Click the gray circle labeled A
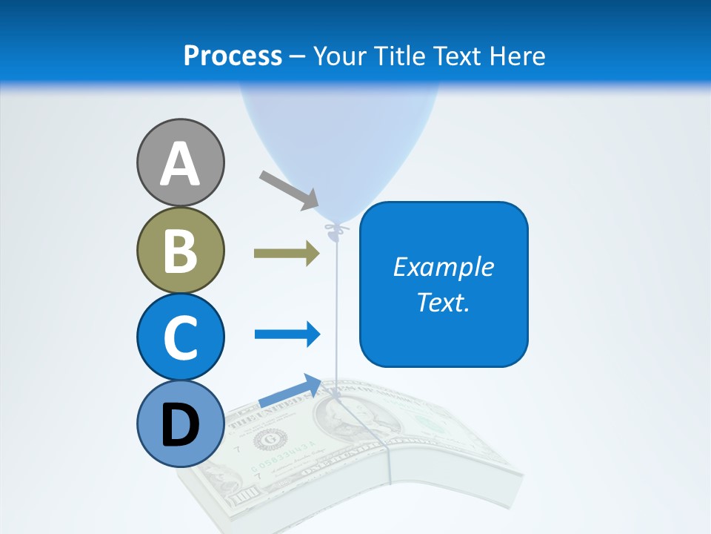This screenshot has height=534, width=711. click(x=180, y=162)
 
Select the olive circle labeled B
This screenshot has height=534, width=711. click(x=180, y=251)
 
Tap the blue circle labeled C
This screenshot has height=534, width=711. click(x=180, y=337)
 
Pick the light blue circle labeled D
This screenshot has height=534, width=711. click(x=180, y=423)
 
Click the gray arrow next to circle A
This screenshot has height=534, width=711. click(x=289, y=190)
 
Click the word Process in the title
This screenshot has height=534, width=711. click(x=233, y=56)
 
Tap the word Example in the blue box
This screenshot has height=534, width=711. click(x=443, y=267)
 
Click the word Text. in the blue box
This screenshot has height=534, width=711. click(x=443, y=302)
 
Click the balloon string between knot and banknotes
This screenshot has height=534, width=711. click(x=337, y=311)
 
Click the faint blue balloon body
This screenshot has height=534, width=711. click(x=337, y=148)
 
